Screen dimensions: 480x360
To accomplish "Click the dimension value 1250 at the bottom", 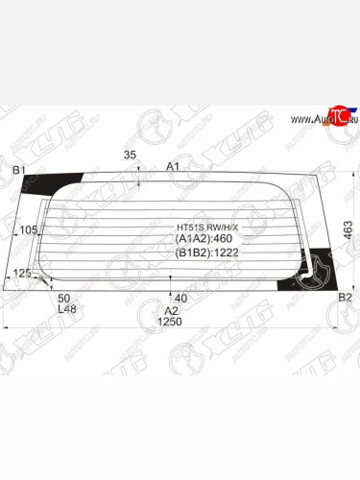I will pos(170,322).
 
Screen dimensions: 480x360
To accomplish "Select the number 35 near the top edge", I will pos(131,156).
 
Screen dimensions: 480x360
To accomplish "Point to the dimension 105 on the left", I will pos(30,229).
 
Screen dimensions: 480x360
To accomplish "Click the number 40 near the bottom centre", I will pos(180,299).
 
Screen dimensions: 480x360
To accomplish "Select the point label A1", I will pos(174,167).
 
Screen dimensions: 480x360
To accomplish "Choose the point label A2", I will pos(171,310).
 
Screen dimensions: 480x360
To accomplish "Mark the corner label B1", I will pos(18,171).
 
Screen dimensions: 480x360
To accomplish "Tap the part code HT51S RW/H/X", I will pos(201,227).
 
